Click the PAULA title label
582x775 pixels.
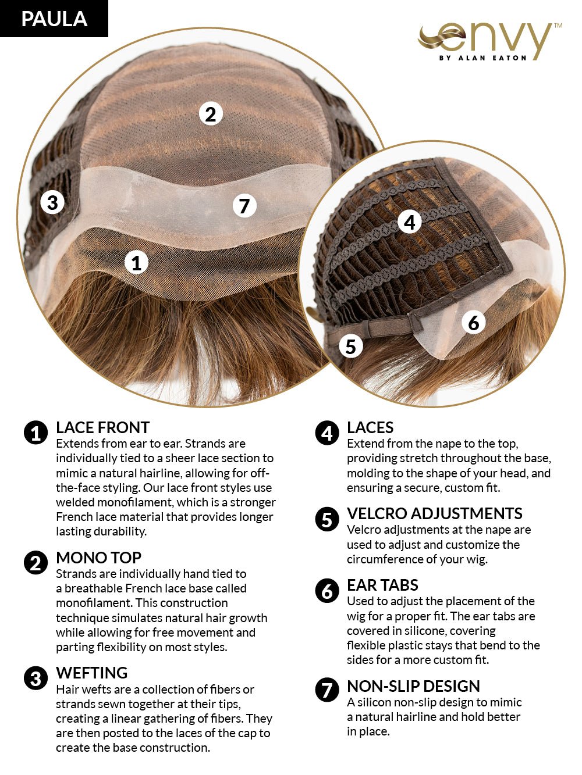(54, 19)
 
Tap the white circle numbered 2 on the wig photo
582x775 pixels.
(211, 113)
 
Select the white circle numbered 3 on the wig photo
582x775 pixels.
(52, 202)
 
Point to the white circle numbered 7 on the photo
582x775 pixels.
(244, 205)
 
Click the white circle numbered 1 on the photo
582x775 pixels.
(137, 263)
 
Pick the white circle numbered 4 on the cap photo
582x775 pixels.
(410, 222)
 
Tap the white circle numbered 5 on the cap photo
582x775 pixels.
(350, 346)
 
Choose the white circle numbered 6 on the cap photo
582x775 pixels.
(474, 322)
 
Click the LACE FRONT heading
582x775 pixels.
(102, 428)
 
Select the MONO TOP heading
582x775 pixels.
(98, 558)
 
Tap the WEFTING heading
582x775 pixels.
(91, 673)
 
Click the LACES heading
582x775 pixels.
(370, 428)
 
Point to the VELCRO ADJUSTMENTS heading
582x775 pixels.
(434, 513)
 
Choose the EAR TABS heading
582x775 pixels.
(382, 585)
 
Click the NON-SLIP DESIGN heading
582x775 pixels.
(413, 686)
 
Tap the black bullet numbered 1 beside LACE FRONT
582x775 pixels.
(36, 433)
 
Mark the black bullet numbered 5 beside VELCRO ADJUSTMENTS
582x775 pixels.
(327, 519)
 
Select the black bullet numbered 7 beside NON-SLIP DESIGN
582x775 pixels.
(327, 690)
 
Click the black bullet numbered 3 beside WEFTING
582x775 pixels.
(36, 678)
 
